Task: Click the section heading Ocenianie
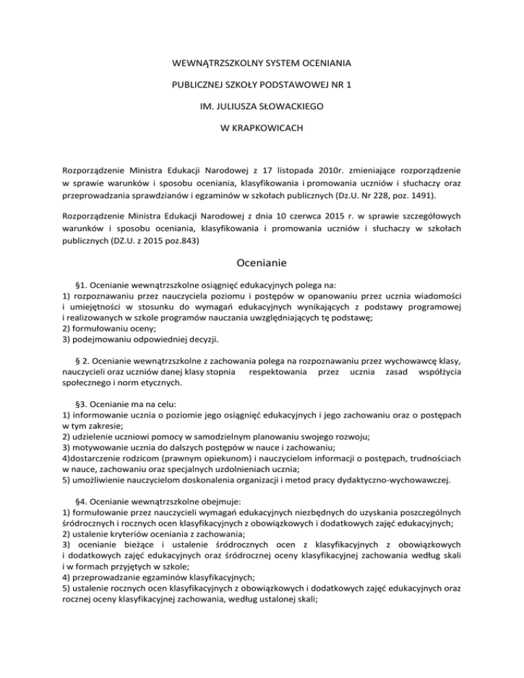[x=262, y=261]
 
